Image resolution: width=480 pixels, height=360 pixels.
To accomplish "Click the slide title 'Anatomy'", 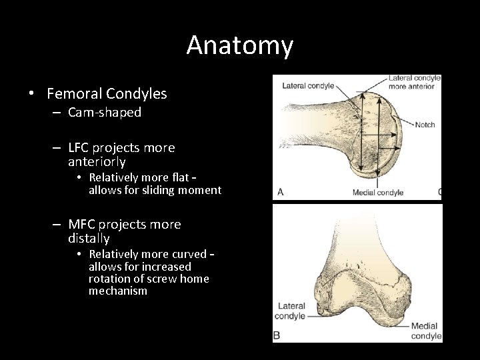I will pyautogui.click(x=239, y=45).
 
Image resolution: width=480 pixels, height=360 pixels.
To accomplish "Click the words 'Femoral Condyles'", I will pyautogui.click(x=107, y=94).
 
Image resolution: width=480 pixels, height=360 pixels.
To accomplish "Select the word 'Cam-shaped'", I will pyautogui.click(x=105, y=113).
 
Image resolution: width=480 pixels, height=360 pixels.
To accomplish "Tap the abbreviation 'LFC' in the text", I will pyautogui.click(x=81, y=147).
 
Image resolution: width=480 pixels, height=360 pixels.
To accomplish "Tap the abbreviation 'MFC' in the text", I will pyautogui.click(x=83, y=225).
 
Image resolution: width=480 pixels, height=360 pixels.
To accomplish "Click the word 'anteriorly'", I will pyautogui.click(x=97, y=161).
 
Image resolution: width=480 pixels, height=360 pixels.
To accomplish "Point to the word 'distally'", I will pyautogui.click(x=89, y=238).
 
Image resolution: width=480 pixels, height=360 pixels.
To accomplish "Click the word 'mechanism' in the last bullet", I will pyautogui.click(x=118, y=291).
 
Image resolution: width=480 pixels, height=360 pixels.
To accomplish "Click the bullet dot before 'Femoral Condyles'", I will pyautogui.click(x=32, y=94).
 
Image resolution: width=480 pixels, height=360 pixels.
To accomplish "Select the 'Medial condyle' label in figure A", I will pyautogui.click(x=378, y=193).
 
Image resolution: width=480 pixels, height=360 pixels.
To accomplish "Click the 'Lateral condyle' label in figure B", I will pyautogui.click(x=292, y=311).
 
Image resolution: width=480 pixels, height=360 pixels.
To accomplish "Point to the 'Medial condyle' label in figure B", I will pyautogui.click(x=425, y=331).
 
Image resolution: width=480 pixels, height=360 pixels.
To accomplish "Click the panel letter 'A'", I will pyautogui.click(x=280, y=192).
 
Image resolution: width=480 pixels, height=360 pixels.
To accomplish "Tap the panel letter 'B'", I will pyautogui.click(x=277, y=335).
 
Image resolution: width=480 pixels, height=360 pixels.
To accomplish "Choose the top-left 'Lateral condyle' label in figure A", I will pyautogui.click(x=308, y=85).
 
